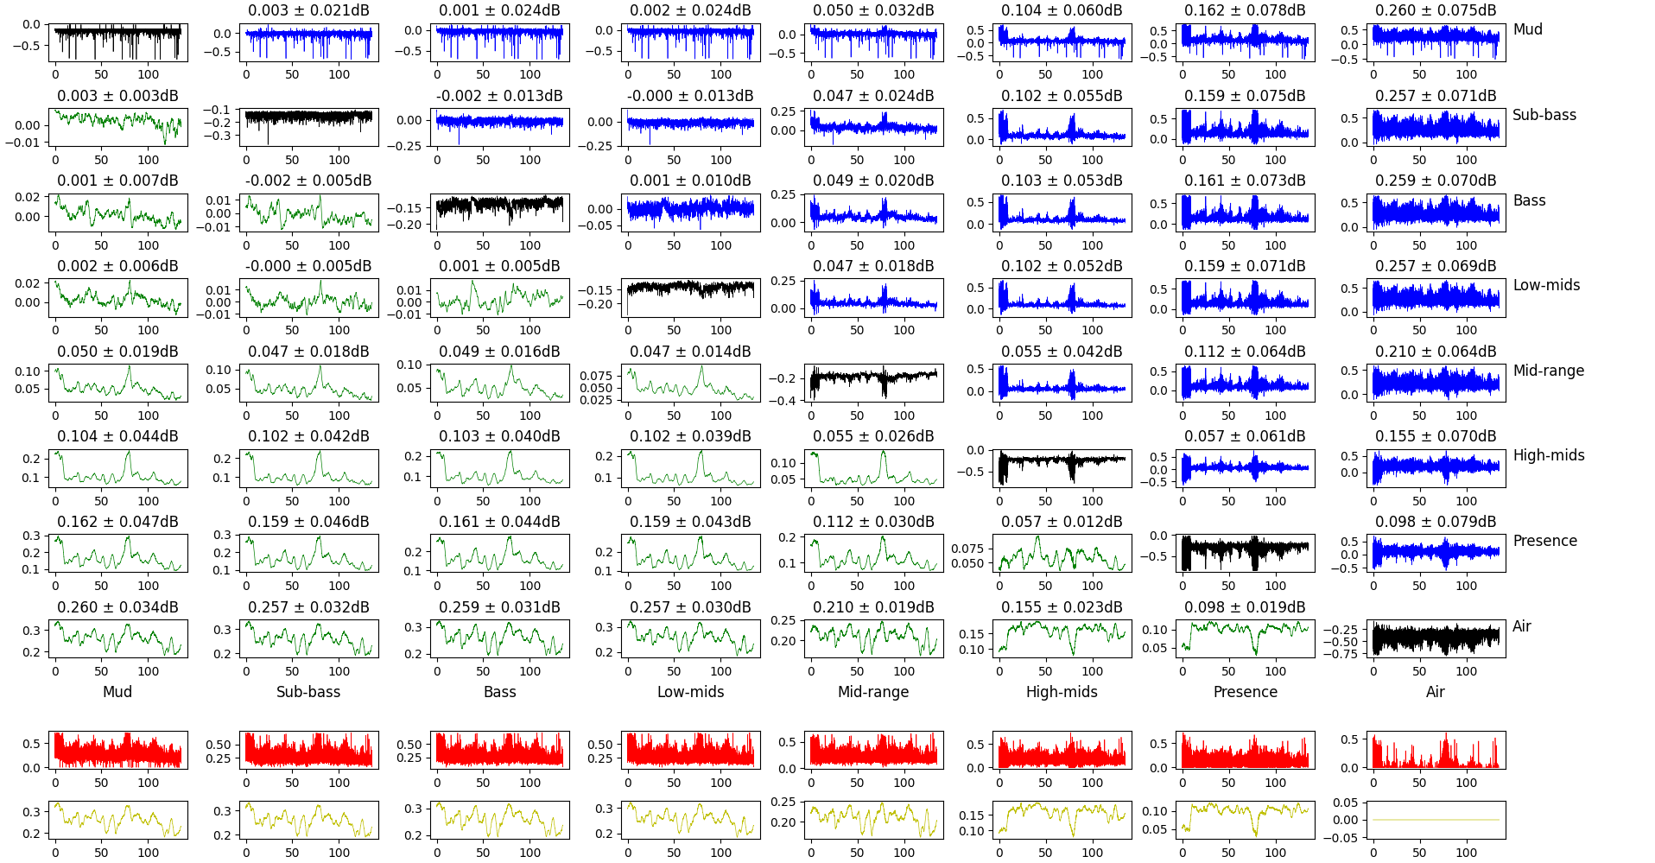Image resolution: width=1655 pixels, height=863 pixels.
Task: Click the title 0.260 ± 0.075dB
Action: pyautogui.click(x=1436, y=10)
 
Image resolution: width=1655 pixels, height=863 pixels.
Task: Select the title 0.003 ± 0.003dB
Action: pyautogui.click(x=117, y=96)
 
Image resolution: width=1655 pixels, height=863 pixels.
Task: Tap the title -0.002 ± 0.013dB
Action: pyautogui.click(x=499, y=96)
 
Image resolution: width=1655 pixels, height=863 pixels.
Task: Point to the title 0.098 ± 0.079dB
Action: pyautogui.click(x=1436, y=522)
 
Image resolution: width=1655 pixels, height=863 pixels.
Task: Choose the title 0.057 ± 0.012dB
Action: pyautogui.click(x=1062, y=522)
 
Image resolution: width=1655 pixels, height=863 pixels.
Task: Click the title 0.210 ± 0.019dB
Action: pyautogui.click(x=873, y=607)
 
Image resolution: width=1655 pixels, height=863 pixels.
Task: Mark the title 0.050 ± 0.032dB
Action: pyautogui.click(x=873, y=10)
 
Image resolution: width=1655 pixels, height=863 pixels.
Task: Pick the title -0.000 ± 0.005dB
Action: pyautogui.click(x=308, y=266)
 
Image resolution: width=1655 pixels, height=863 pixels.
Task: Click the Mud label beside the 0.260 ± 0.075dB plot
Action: pyautogui.click(x=1527, y=29)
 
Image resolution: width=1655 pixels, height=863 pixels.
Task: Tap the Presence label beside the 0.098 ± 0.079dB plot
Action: pyautogui.click(x=1544, y=541)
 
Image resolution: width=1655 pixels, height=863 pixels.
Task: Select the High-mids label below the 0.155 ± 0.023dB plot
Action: pyautogui.click(x=1062, y=692)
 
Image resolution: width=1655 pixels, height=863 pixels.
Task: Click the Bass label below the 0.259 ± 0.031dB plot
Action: pyautogui.click(x=499, y=692)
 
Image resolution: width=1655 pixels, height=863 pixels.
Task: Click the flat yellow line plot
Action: pyautogui.click(x=1436, y=820)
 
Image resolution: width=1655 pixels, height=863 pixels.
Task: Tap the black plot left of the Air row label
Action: pyautogui.click(x=1436, y=639)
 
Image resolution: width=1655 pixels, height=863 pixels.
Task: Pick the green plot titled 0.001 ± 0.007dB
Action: pyautogui.click(x=117, y=213)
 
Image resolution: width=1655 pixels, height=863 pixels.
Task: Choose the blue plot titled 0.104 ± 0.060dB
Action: pyautogui.click(x=1062, y=42)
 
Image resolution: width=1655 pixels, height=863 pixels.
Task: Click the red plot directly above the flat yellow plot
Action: pyautogui.click(x=1436, y=750)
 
